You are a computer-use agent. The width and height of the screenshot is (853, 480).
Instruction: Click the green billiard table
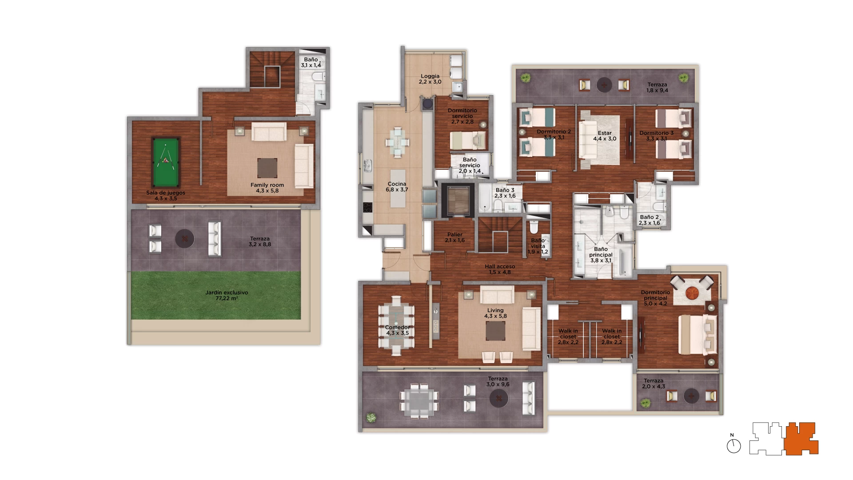click(166, 162)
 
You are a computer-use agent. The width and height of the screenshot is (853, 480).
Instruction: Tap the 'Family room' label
click(267, 185)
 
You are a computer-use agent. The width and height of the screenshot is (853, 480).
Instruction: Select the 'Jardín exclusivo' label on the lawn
click(227, 292)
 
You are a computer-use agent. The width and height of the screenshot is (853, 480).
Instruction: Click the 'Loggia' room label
click(430, 76)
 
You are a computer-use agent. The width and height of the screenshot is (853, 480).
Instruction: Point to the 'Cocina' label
click(397, 184)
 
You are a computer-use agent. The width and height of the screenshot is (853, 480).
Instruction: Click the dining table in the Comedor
click(396, 329)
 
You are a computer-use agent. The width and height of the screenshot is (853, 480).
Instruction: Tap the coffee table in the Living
click(495, 331)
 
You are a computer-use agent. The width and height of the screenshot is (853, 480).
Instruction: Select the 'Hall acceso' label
click(500, 266)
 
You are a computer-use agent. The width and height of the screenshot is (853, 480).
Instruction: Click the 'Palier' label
click(455, 234)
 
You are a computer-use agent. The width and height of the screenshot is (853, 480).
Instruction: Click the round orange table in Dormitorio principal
click(692, 293)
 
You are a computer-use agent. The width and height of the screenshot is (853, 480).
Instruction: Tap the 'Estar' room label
click(605, 133)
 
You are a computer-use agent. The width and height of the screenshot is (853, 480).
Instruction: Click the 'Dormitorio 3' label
click(656, 133)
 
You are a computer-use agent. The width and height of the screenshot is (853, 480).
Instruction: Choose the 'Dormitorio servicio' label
click(462, 113)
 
